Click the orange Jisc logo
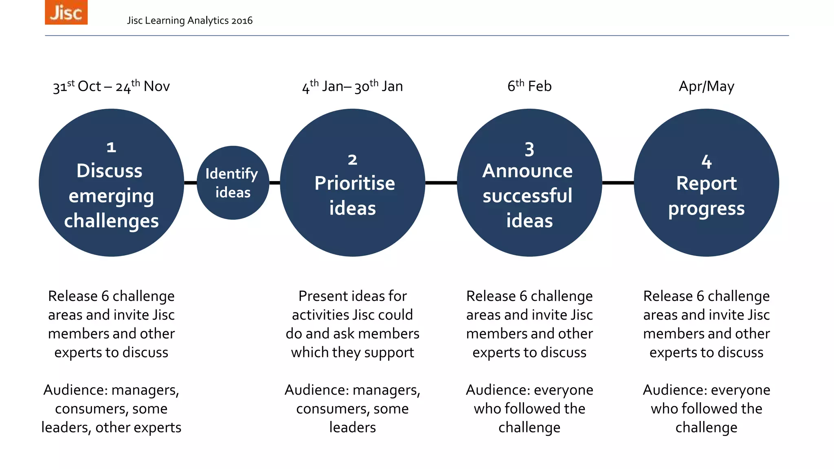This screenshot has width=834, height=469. (x=66, y=12)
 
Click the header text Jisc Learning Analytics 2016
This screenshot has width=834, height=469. (x=189, y=20)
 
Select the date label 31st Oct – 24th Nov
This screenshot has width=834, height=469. (x=111, y=86)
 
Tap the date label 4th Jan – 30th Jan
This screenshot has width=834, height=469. (x=352, y=86)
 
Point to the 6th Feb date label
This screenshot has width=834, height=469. (x=529, y=86)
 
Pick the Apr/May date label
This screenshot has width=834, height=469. (x=707, y=86)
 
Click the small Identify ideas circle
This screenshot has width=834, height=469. (x=233, y=183)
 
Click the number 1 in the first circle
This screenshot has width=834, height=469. (x=111, y=147)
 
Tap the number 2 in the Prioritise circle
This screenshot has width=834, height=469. (x=352, y=160)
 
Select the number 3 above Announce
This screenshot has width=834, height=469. (x=529, y=149)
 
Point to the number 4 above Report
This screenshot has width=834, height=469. (x=707, y=162)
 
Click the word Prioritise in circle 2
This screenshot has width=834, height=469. (x=354, y=183)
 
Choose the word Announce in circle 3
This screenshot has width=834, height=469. (x=528, y=171)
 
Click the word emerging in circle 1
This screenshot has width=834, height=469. (x=111, y=197)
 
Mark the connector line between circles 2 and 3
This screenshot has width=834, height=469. (x=441, y=183)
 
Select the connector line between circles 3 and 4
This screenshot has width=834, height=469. (x=618, y=183)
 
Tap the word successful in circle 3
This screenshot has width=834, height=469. (x=528, y=196)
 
